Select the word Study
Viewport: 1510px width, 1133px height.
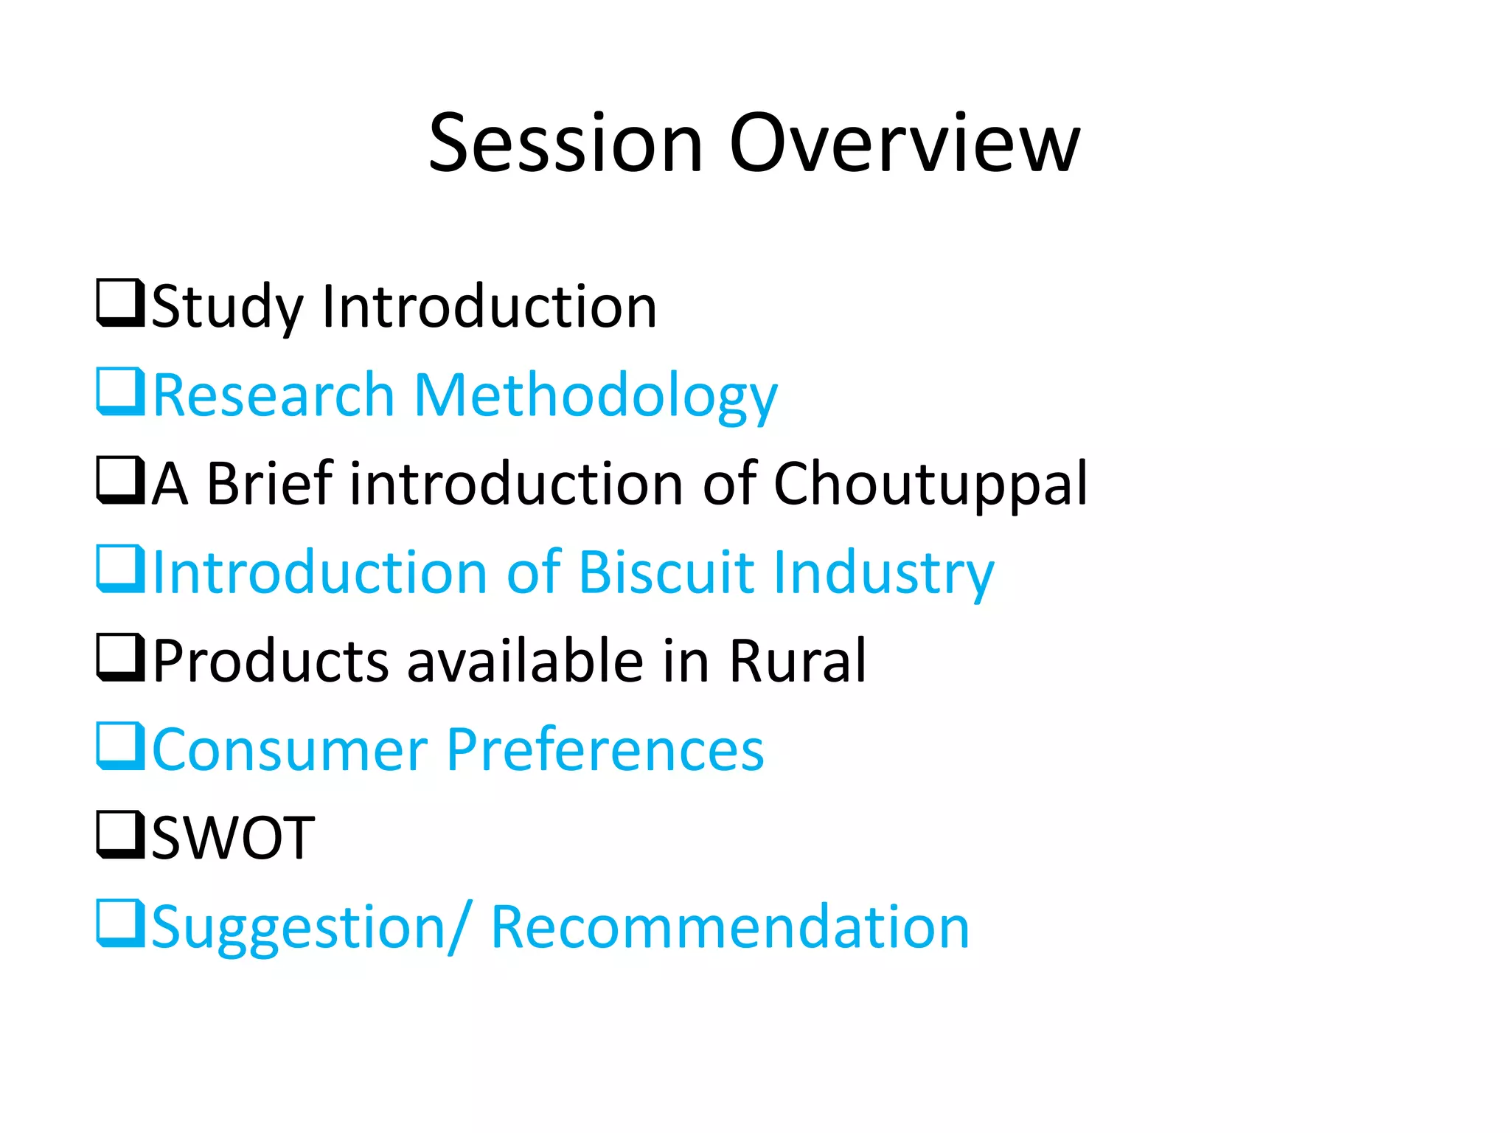click(227, 307)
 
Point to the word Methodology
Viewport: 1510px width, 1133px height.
click(595, 397)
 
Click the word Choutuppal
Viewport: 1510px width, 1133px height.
click(930, 485)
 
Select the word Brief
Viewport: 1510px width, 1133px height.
click(269, 483)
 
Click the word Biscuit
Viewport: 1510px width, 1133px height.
click(667, 572)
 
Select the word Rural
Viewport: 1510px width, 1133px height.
click(797, 661)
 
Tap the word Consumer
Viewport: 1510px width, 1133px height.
click(290, 749)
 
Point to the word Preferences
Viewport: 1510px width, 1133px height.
click(605, 749)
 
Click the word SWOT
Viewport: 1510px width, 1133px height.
click(233, 838)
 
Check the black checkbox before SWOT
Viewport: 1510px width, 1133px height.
click(119, 834)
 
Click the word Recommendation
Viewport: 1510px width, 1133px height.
click(729, 926)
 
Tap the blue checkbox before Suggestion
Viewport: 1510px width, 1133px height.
click(119, 923)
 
